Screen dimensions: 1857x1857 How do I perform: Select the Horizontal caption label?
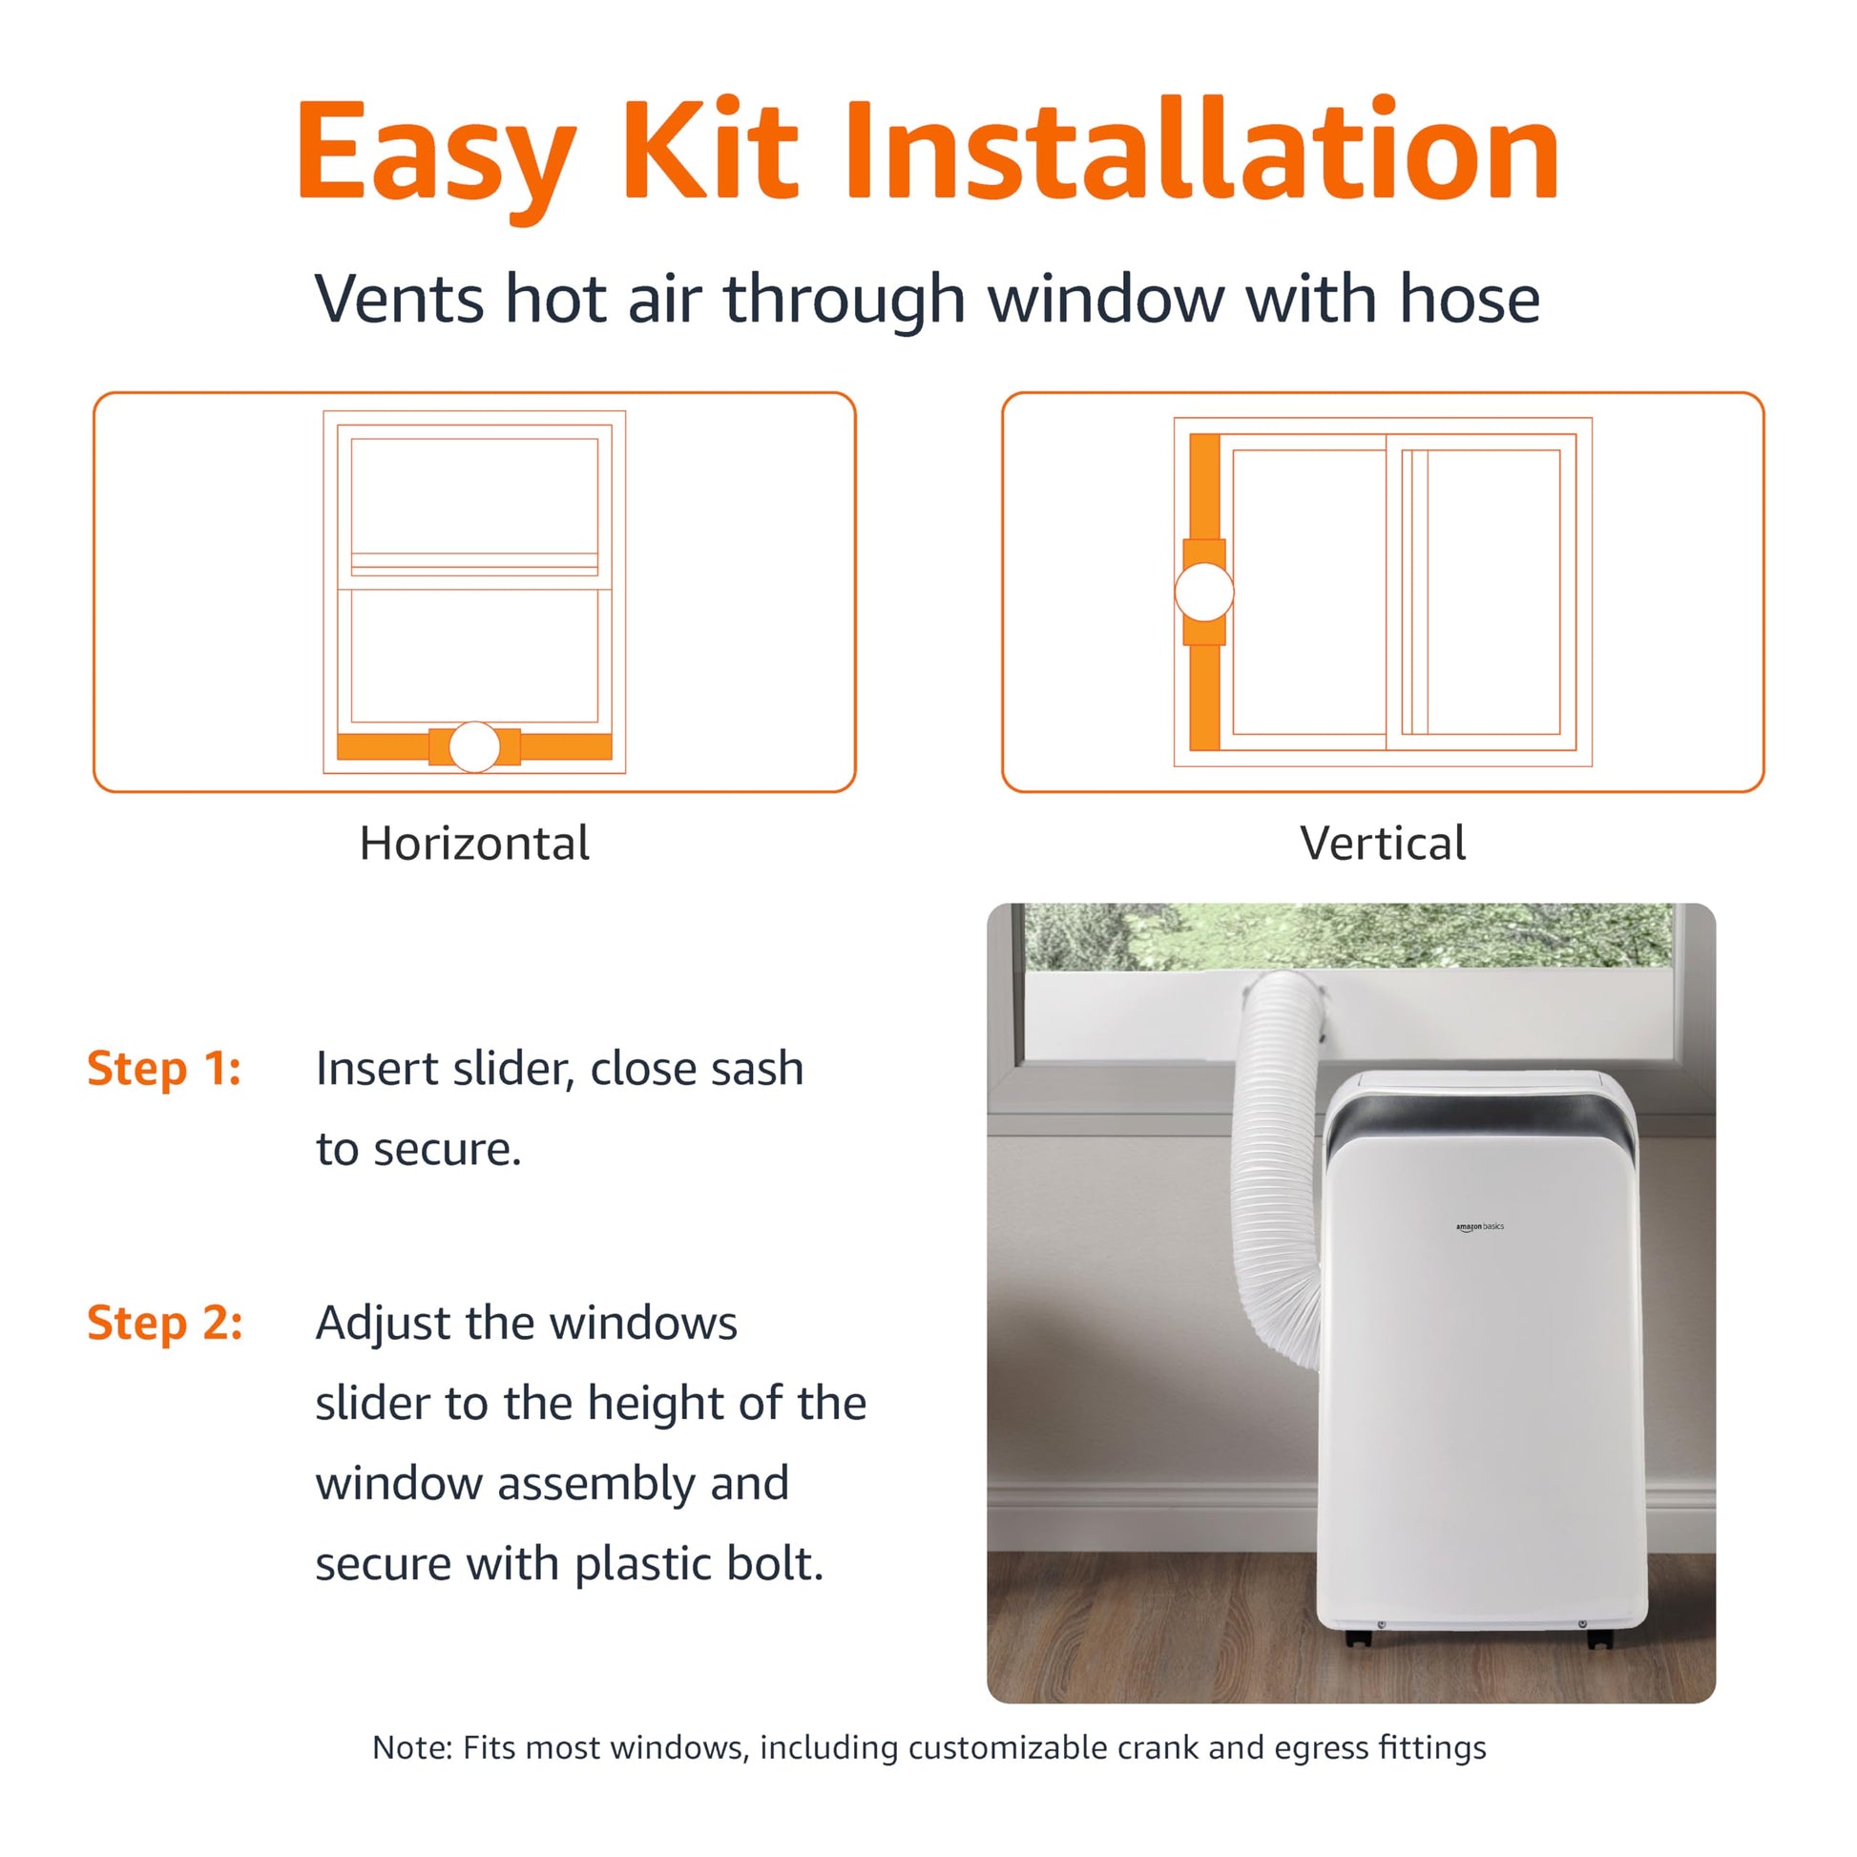[x=474, y=843]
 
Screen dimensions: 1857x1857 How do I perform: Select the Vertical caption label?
[x=1382, y=843]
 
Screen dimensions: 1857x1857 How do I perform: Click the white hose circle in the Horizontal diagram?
[x=474, y=747]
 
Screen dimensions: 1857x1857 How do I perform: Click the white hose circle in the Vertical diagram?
[x=1203, y=591]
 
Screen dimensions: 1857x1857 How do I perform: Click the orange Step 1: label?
[x=163, y=1068]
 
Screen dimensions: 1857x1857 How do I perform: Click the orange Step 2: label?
[x=164, y=1323]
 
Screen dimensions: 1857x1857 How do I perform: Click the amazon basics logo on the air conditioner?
[x=1479, y=1227]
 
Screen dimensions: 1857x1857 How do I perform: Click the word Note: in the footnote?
[x=411, y=1747]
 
